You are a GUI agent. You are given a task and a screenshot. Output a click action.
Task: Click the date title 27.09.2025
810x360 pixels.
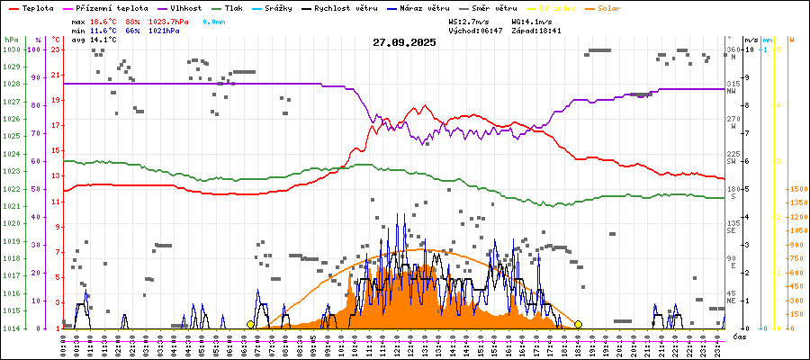(404, 41)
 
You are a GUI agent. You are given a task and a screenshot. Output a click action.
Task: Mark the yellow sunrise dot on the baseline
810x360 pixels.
(250, 324)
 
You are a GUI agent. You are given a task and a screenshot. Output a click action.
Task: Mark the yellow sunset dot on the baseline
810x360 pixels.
(578, 324)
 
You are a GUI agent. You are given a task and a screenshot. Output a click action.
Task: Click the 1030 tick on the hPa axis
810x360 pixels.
(11, 49)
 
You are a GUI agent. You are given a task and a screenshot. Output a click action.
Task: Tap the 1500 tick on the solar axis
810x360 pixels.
(796, 190)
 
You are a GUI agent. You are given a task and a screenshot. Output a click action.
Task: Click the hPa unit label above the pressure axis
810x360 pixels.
(11, 40)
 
